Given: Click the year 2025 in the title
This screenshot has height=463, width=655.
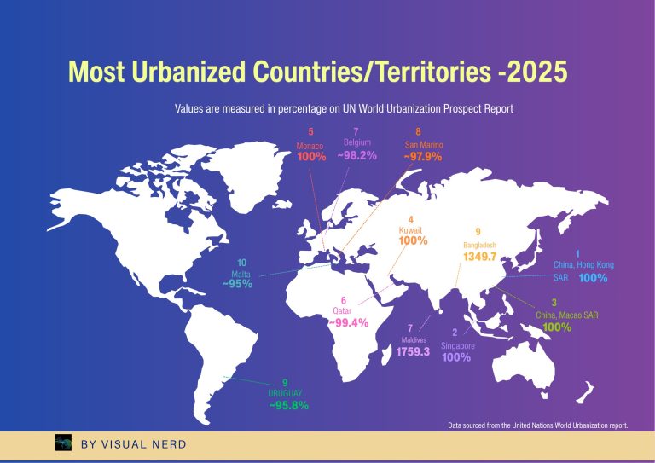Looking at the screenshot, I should [534, 72].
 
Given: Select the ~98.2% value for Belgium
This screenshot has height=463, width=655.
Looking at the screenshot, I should [356, 156].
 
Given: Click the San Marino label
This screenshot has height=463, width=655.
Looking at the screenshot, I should [423, 145].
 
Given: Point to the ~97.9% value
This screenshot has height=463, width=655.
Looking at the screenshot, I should [423, 157].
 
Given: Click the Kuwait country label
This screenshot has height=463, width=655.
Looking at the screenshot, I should [411, 230].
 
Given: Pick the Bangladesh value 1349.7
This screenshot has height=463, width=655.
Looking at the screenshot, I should [480, 257].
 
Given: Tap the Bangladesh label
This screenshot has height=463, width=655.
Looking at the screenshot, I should [480, 245].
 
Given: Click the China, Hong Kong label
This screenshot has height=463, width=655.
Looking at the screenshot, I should [583, 265].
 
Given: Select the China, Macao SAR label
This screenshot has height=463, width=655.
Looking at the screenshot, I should [567, 315].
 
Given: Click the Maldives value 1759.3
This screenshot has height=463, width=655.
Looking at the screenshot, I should [413, 351].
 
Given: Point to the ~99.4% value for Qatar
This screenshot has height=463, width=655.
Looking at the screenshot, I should [348, 323].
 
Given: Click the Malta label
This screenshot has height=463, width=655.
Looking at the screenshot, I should [241, 274].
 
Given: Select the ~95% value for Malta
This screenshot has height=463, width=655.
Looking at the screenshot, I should [237, 284].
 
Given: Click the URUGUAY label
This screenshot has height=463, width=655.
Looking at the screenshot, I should [285, 394].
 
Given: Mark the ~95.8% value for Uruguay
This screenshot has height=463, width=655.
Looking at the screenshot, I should [288, 407].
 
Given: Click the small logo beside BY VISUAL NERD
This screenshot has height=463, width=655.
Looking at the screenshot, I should [63, 443].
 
